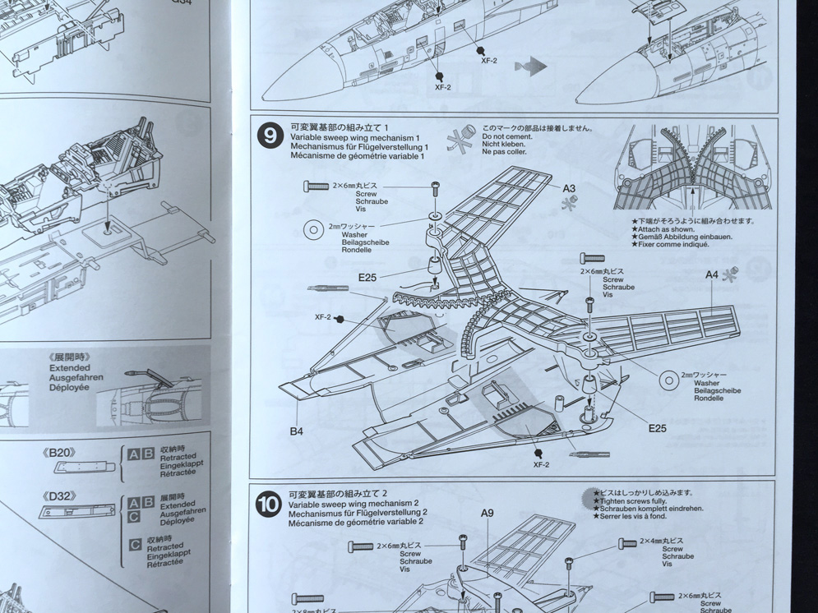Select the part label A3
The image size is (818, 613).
(x=569, y=188)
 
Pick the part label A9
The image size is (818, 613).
(x=487, y=514)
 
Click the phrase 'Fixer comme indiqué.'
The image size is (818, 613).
(x=667, y=245)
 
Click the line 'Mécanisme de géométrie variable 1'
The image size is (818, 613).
(x=357, y=155)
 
